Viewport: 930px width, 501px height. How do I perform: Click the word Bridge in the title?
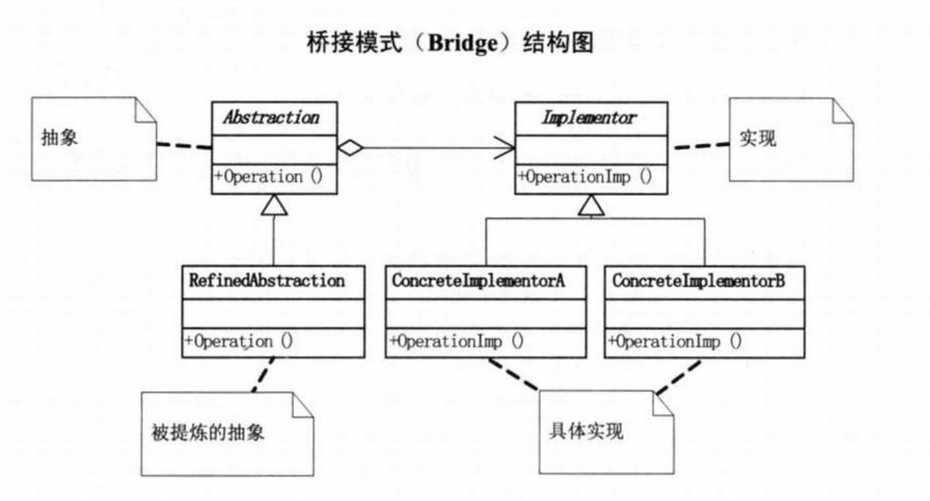pos(463,43)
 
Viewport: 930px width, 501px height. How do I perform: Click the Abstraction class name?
pos(272,117)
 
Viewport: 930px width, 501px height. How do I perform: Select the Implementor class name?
pos(589,118)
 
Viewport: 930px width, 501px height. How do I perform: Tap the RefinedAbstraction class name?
pos(267,281)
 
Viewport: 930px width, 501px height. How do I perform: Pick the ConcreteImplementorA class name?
pos(479,281)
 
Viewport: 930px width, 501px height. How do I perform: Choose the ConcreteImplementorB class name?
pos(699,281)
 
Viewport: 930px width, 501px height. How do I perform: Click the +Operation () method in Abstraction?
pos(268,177)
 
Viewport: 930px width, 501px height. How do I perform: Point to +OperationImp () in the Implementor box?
pos(585,177)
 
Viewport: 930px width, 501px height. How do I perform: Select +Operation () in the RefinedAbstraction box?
pos(239,341)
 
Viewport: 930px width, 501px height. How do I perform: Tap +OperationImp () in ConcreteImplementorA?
pos(457,341)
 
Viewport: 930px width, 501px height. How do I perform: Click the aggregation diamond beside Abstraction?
pos(350,148)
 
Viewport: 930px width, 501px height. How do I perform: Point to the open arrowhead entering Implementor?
pos(504,148)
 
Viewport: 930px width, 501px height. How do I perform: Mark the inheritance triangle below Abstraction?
pos(274,205)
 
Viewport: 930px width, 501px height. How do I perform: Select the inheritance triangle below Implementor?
pos(591,206)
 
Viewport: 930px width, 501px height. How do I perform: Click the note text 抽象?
pos(59,137)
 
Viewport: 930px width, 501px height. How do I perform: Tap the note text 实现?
pos(758,138)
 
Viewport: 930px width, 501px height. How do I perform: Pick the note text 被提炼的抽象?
pos(208,432)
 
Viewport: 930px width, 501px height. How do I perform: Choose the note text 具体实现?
pos(586,431)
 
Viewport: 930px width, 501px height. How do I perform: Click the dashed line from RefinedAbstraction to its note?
pos(263,374)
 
